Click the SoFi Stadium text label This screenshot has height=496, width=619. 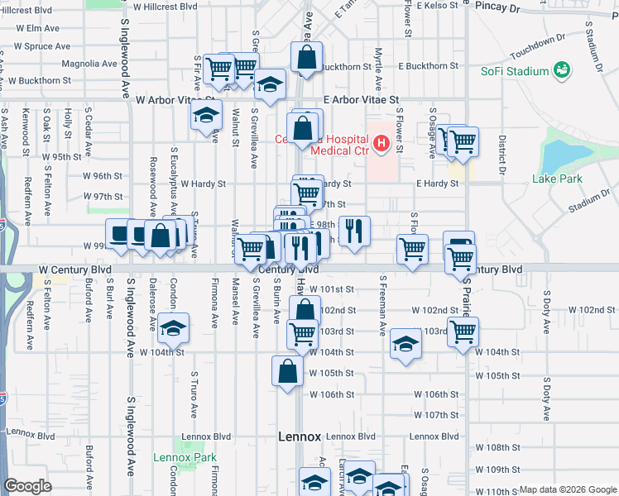515,71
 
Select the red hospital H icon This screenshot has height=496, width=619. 381,144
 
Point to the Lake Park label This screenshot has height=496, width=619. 557,179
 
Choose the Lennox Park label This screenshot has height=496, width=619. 184,457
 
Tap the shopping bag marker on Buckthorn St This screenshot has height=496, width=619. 306,59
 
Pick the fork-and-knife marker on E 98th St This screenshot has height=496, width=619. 354,231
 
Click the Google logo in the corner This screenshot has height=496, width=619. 28,486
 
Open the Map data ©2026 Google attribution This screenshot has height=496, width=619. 567,489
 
